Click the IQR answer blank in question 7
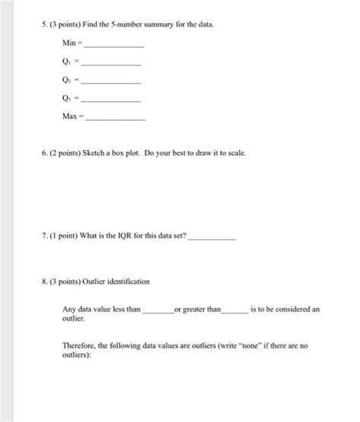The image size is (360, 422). tap(211, 239)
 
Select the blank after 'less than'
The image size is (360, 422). tap(157, 313)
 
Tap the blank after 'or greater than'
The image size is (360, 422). tap(234, 313)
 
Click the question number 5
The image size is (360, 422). tap(45, 26)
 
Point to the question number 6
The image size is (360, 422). tap(45, 153)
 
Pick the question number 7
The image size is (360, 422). tap(45, 236)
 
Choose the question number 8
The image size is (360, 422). tap(45, 281)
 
